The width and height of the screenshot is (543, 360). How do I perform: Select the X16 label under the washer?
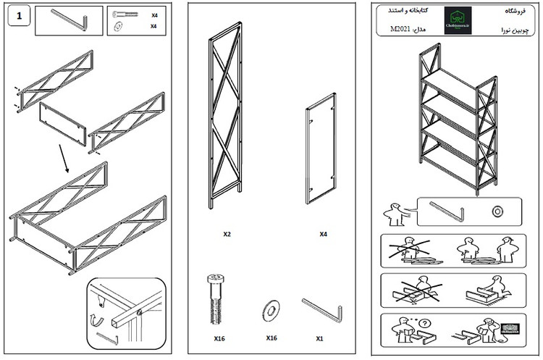[271, 338]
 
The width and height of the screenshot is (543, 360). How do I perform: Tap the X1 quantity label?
[319, 338]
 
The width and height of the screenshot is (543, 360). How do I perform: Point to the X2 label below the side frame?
[227, 235]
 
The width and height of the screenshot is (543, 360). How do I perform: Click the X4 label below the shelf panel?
[323, 235]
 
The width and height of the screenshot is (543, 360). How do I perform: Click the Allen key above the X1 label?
[321, 310]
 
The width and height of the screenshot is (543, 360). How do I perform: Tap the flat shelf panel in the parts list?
[320, 149]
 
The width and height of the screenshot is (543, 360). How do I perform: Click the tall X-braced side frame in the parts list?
[225, 116]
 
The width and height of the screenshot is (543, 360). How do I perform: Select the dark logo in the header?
[458, 20]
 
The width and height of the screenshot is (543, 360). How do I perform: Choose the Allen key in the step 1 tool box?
[70, 20]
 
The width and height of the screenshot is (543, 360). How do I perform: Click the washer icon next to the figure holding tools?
[497, 212]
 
